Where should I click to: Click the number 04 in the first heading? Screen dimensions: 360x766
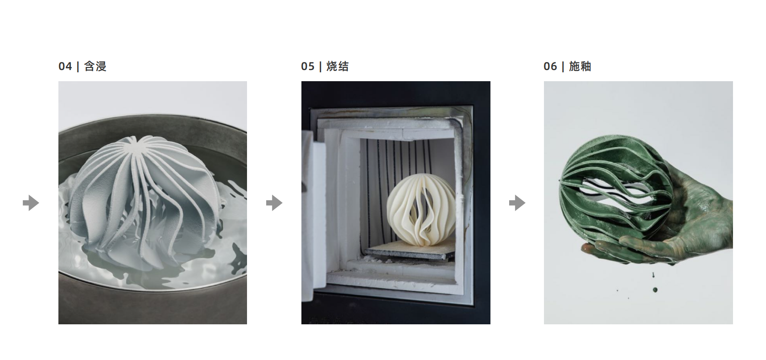click(65, 66)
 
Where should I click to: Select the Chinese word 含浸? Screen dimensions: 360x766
click(95, 66)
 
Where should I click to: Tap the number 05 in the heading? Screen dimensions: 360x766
click(308, 66)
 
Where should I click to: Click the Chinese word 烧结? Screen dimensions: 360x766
click(338, 66)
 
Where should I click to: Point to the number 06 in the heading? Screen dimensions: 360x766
click(550, 66)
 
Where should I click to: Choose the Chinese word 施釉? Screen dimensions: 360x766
click(580, 66)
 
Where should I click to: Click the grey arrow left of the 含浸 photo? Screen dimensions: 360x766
click(31, 203)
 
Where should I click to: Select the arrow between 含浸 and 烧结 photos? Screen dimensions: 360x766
click(274, 203)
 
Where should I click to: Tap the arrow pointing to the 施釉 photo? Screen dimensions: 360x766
click(517, 203)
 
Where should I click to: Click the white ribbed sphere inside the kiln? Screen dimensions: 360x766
click(421, 210)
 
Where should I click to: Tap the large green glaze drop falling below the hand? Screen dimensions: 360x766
click(655, 290)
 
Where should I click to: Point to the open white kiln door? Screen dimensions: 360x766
click(314, 214)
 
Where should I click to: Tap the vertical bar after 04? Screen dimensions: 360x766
click(78, 66)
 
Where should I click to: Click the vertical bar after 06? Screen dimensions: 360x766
click(563, 66)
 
